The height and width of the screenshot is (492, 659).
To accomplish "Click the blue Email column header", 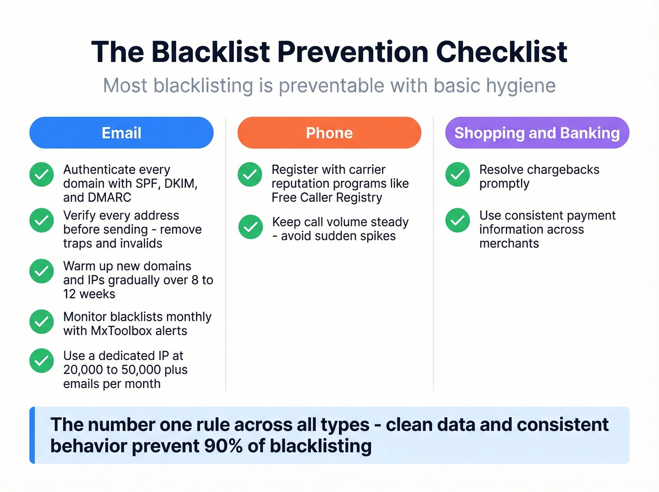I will coord(121,133).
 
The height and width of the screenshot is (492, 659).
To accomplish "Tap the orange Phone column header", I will coord(329,133).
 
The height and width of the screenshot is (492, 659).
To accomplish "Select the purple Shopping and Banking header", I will coord(537,133).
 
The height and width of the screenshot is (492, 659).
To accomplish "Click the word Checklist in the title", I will coord(501,52).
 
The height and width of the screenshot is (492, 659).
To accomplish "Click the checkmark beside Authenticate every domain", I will coord(41,175).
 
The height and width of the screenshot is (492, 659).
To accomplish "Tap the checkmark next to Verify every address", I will coord(41,220).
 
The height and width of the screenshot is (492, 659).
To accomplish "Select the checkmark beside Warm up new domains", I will coord(41,271).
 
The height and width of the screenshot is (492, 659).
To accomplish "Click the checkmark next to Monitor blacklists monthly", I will coord(41,322).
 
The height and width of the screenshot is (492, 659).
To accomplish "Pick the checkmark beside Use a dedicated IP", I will coord(41,361).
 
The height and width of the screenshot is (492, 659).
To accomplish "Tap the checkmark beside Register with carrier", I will coord(250,175).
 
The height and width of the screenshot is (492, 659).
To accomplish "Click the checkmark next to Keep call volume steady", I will coord(250,227).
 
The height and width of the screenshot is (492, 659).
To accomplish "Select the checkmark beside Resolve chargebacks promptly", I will coord(458,175).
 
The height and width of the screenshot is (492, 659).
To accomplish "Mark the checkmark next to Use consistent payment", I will coord(458,220).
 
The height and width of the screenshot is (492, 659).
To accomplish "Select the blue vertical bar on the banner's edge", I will coord(32,435).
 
